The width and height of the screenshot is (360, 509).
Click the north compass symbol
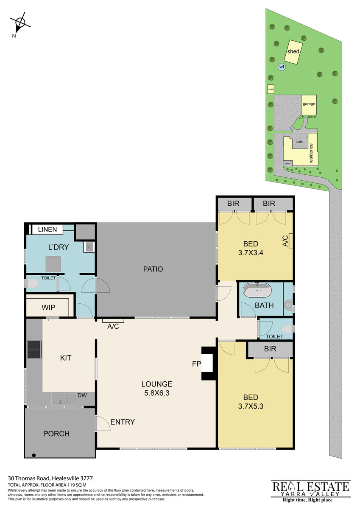(20, 23)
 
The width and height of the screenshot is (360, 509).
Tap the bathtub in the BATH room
(257, 290)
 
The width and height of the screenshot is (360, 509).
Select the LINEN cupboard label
(47, 229)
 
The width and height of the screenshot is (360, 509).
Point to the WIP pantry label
(48, 308)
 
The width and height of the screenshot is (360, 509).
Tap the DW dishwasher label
(82, 395)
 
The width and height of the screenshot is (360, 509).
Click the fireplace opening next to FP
(207, 364)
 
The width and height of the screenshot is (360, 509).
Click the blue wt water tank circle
(282, 67)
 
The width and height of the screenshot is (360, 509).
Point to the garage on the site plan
(309, 105)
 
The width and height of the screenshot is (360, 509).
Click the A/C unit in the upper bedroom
(290, 241)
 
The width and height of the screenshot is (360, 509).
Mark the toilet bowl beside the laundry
(33, 283)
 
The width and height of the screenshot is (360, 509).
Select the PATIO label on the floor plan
(153, 269)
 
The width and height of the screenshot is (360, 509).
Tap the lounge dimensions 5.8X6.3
(157, 393)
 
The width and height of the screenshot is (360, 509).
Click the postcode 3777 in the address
(87, 478)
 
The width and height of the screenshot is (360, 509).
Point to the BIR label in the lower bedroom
(270, 349)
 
